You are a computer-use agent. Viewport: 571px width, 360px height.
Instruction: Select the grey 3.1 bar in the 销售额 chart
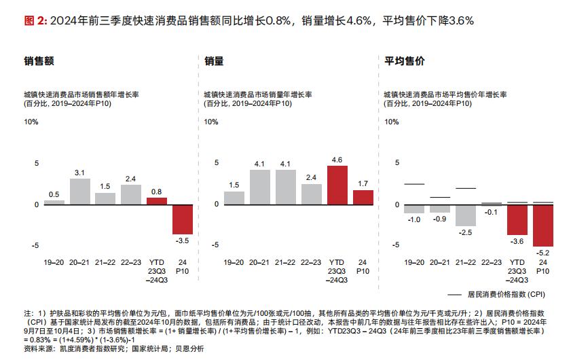(x=80, y=191)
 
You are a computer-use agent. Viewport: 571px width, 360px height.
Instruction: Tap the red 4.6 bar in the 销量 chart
(x=337, y=185)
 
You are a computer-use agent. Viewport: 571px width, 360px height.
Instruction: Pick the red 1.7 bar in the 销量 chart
(x=363, y=197)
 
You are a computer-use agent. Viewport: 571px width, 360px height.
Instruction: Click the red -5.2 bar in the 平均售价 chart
(x=543, y=225)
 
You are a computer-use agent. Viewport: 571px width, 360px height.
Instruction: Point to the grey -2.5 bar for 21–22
(x=466, y=215)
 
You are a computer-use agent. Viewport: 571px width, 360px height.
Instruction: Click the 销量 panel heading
(x=214, y=61)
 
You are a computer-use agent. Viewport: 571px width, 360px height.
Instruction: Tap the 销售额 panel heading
(x=39, y=61)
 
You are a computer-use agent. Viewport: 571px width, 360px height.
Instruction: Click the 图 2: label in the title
(x=35, y=20)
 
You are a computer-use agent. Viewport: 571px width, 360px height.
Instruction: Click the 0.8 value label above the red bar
(x=157, y=192)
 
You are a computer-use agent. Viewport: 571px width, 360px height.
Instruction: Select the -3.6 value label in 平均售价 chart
(x=517, y=241)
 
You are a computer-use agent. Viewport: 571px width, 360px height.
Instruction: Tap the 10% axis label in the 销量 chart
(x=211, y=122)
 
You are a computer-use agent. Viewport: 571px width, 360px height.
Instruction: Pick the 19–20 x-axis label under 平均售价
(x=414, y=262)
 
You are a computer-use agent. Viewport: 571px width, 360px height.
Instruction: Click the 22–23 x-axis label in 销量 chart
(x=311, y=262)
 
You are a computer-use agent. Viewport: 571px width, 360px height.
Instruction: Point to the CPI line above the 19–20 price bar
(x=414, y=184)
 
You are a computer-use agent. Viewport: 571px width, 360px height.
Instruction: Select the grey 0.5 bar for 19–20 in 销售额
(x=54, y=202)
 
